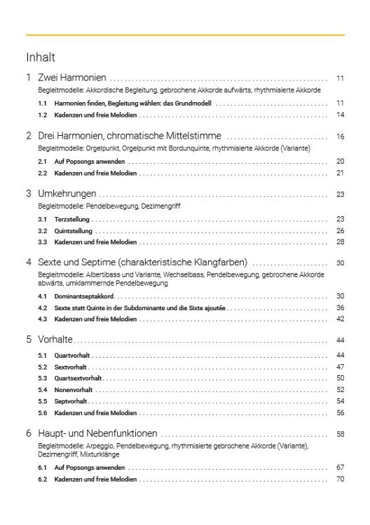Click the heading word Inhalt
click(40, 57)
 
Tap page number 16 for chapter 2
click(340, 136)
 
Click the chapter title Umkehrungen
click(67, 194)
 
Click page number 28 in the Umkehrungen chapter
click(340, 241)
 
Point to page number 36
click(340, 307)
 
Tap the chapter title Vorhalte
click(55, 339)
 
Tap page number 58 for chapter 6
click(340, 433)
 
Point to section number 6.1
click(43, 467)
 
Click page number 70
click(340, 479)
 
